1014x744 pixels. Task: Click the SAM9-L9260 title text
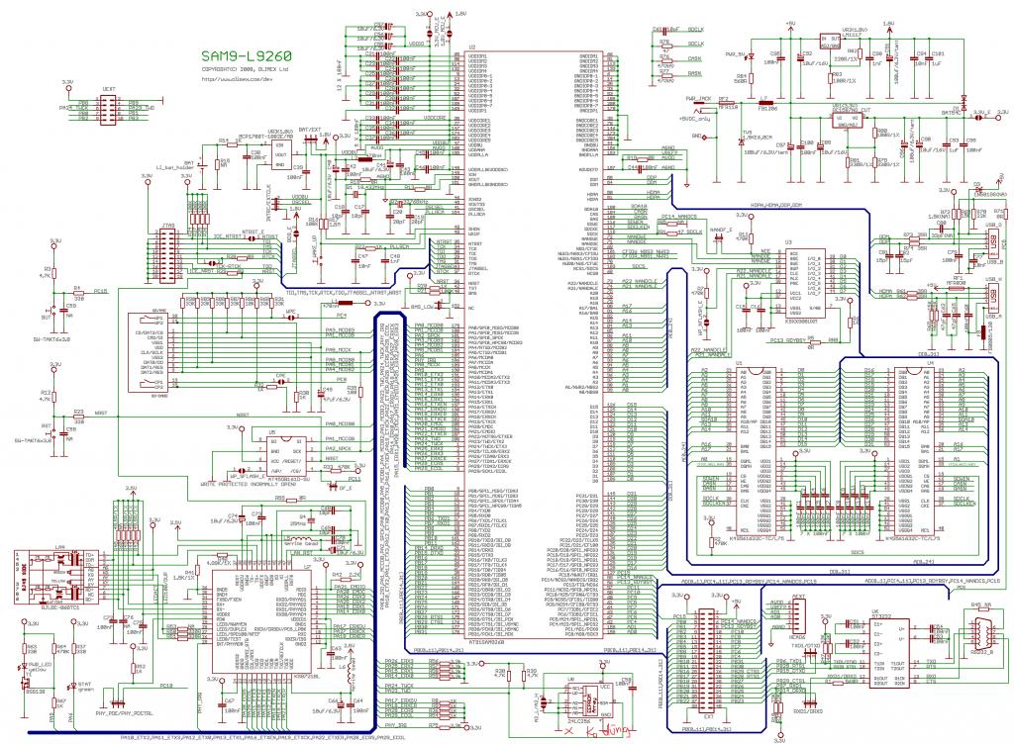(246, 55)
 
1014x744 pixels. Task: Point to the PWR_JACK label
(698, 99)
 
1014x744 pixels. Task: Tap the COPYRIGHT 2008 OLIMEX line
(246, 70)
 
